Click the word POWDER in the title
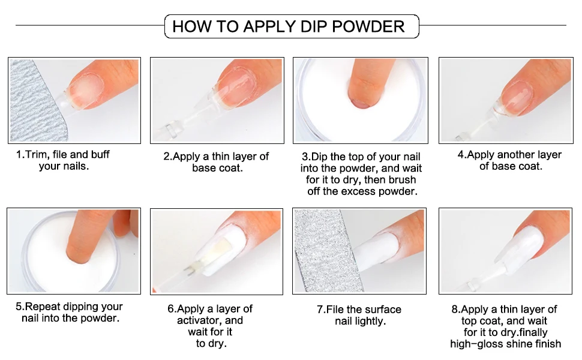[368, 26]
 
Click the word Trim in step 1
[37, 154]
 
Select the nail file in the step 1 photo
[35, 100]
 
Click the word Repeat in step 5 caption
[43, 307]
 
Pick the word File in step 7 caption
[335, 310]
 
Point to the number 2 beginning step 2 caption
[166, 156]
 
